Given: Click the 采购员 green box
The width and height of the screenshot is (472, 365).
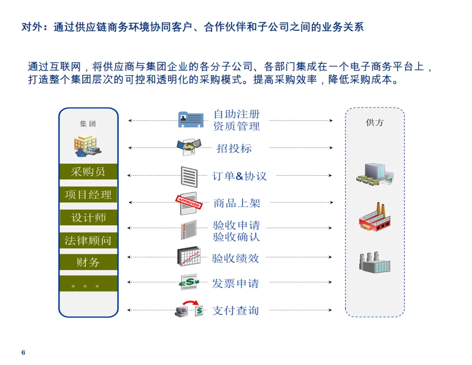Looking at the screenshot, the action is pos(88,172).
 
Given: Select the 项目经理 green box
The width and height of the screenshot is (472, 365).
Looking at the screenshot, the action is pos(88,195).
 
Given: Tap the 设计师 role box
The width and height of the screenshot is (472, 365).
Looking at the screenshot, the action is pos(88,217).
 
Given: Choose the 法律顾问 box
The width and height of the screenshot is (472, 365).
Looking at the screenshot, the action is pos(88,240).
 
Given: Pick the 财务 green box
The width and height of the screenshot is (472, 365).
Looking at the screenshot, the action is pos(88,262).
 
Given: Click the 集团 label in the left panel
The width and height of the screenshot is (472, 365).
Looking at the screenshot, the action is pos(88,124).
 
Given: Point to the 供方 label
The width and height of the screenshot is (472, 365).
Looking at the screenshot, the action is pos(375,123).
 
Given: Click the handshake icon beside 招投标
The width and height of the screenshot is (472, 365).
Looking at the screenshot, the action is pos(189,146).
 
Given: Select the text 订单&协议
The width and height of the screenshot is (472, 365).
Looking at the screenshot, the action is pos(239,176).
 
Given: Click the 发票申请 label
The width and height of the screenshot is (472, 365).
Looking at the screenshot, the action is pos(236,283).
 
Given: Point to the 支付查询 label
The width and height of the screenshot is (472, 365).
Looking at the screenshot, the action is pos(236,311).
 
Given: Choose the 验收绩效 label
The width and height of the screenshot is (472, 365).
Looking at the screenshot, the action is pos(236,258).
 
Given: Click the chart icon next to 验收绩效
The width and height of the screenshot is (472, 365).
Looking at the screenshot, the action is pos(189,257).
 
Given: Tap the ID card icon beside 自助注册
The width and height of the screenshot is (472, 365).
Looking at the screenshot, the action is pos(191,119).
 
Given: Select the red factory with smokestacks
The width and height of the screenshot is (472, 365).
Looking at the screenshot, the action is pos(374,217).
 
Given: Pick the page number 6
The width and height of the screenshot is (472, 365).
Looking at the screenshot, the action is pos(24,352).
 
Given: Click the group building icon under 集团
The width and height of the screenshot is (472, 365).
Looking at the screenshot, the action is pos(87,146).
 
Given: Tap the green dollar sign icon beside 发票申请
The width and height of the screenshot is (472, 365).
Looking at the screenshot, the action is pos(189,282).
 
